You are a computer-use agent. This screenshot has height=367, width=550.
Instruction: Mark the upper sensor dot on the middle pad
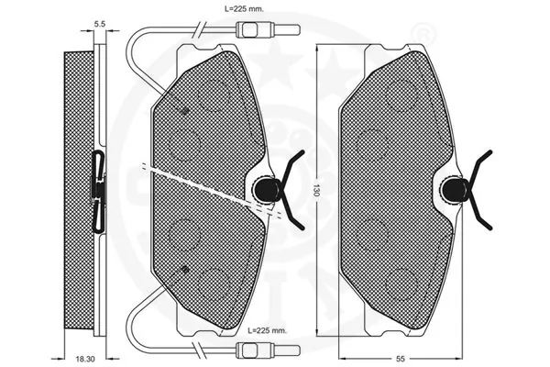(186, 111)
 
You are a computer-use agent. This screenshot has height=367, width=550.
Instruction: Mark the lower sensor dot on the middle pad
(186, 270)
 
